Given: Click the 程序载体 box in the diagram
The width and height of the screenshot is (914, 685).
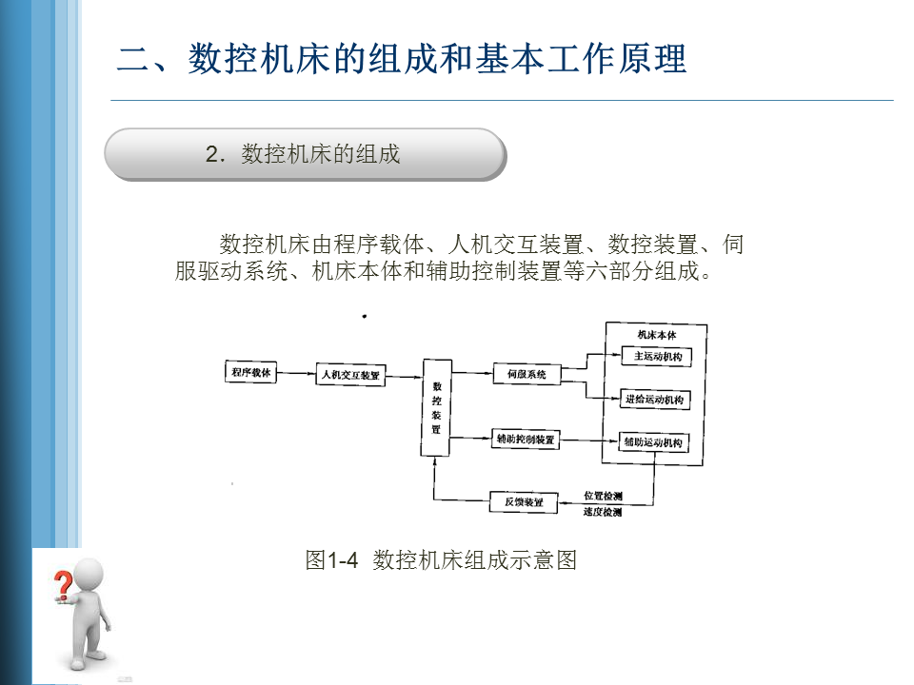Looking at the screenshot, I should click(x=250, y=373).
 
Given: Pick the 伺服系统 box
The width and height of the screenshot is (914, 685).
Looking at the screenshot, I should click(x=527, y=374).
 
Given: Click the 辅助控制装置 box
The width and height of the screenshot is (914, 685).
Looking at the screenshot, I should click(x=525, y=440).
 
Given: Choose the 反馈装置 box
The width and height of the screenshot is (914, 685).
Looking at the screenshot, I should click(x=523, y=501).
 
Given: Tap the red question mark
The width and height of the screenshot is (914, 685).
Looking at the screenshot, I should click(x=63, y=580).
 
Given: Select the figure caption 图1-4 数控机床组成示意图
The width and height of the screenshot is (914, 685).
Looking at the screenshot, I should click(x=441, y=559).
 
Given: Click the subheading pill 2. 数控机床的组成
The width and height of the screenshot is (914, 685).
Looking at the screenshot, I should click(x=305, y=154).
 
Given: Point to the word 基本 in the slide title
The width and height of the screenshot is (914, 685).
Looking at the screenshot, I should click(x=499, y=59).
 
